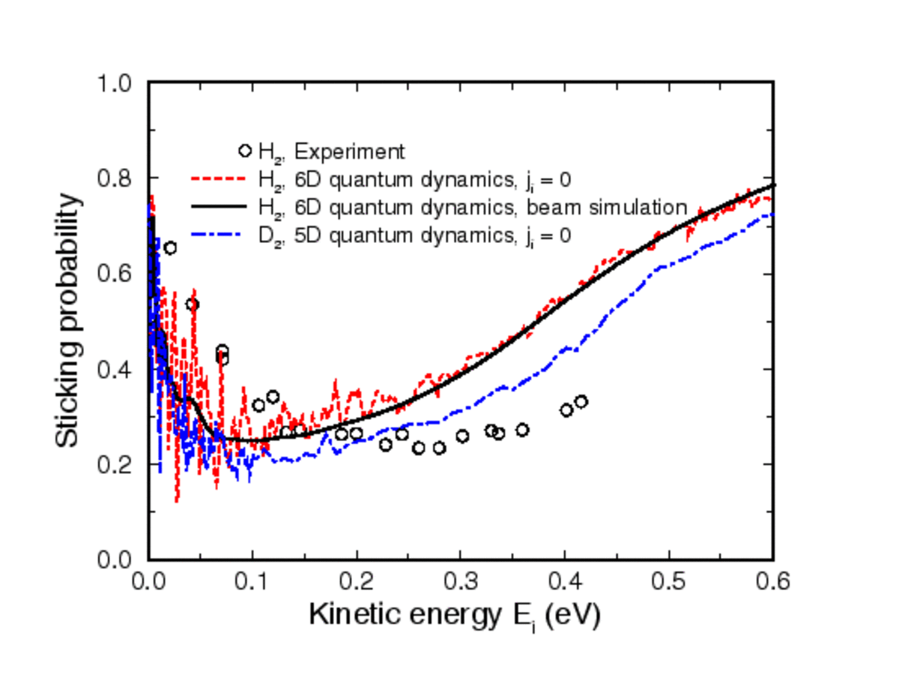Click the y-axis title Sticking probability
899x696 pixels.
click(x=67, y=320)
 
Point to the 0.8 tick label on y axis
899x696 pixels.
click(x=116, y=178)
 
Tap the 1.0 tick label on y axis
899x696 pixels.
click(x=116, y=82)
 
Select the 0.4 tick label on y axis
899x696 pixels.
click(x=116, y=370)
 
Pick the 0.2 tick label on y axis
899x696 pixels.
click(x=116, y=465)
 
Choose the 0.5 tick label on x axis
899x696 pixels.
click(x=669, y=580)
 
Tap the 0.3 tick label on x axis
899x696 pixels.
click(x=461, y=580)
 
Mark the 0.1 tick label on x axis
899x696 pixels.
click(x=252, y=580)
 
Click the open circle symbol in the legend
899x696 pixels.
click(x=245, y=151)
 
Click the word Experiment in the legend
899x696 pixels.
click(x=349, y=151)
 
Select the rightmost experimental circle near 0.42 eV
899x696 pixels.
click(x=581, y=401)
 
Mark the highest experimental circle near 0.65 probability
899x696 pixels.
click(x=170, y=248)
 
